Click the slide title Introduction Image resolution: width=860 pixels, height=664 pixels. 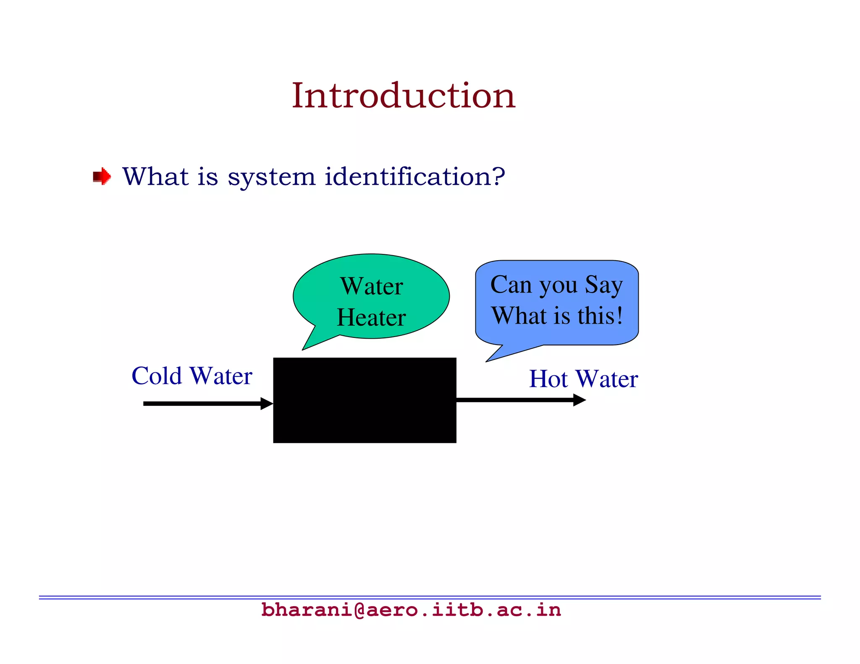[403, 96]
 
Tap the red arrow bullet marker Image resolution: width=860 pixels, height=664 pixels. [102, 176]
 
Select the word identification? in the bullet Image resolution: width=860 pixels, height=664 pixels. [415, 176]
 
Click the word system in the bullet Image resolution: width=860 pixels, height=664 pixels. [271, 177]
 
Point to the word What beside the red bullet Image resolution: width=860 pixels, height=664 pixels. [155, 176]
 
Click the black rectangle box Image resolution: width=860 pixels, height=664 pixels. [364, 400]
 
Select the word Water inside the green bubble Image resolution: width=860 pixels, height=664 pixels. [372, 286]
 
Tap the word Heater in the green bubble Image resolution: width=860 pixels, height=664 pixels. [371, 317]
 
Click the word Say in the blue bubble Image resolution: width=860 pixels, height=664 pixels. [604, 285]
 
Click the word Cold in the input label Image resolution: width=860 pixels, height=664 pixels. [157, 376]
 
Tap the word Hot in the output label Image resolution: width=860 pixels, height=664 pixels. [548, 379]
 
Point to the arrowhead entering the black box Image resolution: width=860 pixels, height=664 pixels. [267, 404]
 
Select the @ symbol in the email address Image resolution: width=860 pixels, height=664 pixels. [360, 610]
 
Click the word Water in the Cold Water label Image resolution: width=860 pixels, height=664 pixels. [221, 376]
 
